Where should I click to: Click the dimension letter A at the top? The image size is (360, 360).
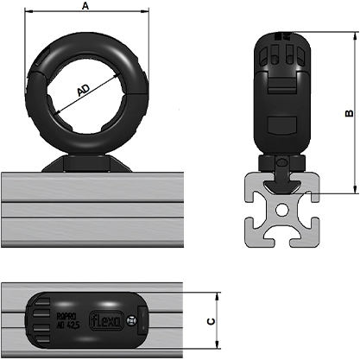point(84,6)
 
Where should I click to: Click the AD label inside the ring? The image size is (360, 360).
point(84,91)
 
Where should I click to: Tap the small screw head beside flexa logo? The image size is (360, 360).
point(131,322)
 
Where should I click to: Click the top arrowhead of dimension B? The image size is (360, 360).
point(354,36)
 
